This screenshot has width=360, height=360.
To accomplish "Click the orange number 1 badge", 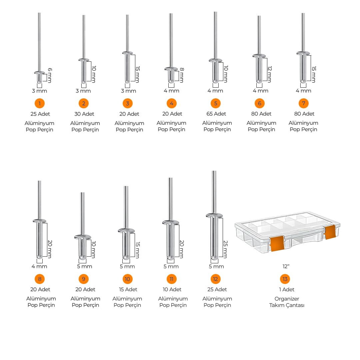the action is [39, 103].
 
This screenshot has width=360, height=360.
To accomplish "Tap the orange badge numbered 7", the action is [304, 103].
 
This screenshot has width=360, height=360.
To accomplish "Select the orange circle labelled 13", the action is [285, 279].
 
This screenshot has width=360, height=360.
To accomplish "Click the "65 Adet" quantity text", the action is [216, 114].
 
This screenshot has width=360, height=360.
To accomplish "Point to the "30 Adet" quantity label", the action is [84, 114].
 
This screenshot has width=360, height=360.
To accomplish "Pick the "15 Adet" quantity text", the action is [128, 289].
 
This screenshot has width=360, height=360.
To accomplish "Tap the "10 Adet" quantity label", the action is [172, 289].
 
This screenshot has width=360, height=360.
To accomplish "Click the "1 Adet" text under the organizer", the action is [287, 289].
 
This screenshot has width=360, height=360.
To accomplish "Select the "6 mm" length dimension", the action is [50, 75].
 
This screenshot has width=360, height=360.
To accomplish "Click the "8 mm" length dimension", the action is [182, 75].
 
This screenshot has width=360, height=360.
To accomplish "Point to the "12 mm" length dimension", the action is [270, 74].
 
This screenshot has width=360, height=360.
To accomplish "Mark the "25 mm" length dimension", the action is [225, 249].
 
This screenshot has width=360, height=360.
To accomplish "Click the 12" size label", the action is [286, 266].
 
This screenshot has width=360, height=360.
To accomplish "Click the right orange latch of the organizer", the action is [330, 232].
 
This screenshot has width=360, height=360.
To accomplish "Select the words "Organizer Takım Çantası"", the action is [287, 302].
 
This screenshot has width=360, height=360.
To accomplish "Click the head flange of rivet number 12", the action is [214, 215].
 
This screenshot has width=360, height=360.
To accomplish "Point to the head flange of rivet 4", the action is [171, 69].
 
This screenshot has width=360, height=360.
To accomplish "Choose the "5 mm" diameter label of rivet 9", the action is [84, 266].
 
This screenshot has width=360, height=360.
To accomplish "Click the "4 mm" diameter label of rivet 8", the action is [39, 266].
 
